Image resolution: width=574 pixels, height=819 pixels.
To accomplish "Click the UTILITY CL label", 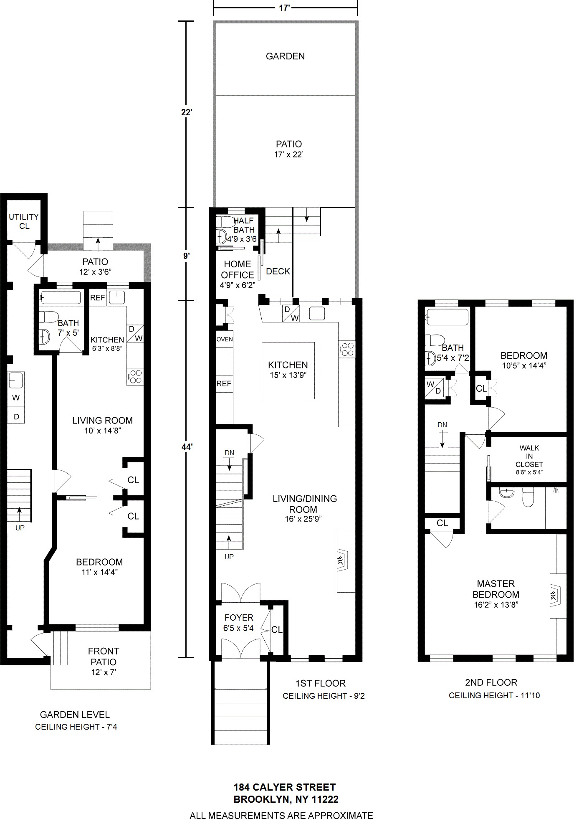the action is click(x=24, y=221).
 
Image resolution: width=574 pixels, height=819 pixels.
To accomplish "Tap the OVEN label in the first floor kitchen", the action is click(x=225, y=339).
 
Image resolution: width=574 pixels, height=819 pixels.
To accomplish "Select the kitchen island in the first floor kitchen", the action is click(x=288, y=370).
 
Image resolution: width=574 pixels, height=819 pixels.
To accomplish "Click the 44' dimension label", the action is click(x=187, y=447).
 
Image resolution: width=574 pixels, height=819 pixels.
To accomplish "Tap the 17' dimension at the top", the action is click(x=285, y=8).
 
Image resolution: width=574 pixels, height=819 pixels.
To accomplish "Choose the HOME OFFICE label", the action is click(x=238, y=269).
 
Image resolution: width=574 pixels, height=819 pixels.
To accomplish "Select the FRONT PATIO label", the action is click(x=104, y=656).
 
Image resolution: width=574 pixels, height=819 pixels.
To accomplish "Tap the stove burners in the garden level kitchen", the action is click(x=135, y=377).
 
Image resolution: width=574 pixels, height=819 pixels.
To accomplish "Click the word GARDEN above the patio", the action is click(x=285, y=56).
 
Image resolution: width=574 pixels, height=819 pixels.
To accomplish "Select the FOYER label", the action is click(x=239, y=617).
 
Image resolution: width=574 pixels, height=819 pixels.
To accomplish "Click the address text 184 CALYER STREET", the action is click(x=285, y=787).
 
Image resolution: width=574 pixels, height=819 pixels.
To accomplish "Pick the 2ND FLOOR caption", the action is click(x=491, y=682).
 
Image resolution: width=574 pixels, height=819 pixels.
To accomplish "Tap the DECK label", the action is click(x=278, y=271).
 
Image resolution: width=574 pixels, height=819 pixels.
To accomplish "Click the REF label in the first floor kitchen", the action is click(x=224, y=384).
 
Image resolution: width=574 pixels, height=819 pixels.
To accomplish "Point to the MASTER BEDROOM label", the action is click(x=496, y=589).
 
